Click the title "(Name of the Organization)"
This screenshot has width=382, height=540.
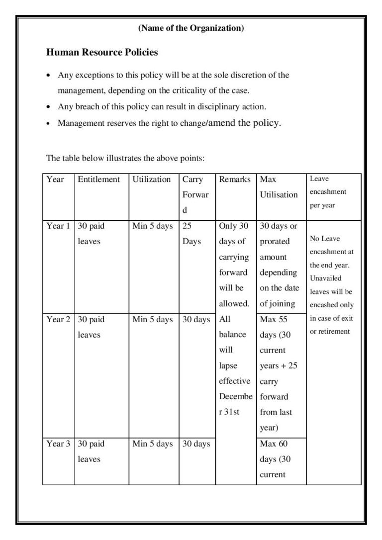[x=191, y=28]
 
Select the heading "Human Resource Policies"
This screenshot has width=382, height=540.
[x=102, y=52]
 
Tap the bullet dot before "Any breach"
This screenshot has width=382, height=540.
[x=48, y=107]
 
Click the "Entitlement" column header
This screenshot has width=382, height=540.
[x=98, y=179]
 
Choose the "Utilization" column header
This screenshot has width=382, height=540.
[x=152, y=179]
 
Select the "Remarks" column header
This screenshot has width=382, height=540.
[x=235, y=179]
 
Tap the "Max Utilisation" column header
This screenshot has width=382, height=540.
[x=279, y=186]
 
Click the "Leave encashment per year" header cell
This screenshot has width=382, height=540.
[x=328, y=192]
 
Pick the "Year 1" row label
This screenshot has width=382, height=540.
[x=58, y=226]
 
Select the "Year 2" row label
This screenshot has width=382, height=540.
[x=58, y=319]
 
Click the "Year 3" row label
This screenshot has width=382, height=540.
[x=58, y=444]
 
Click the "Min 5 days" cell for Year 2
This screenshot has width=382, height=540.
[x=153, y=319]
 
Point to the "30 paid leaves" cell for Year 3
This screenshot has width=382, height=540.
[x=91, y=451]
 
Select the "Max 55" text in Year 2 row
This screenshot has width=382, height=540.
[x=274, y=319]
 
